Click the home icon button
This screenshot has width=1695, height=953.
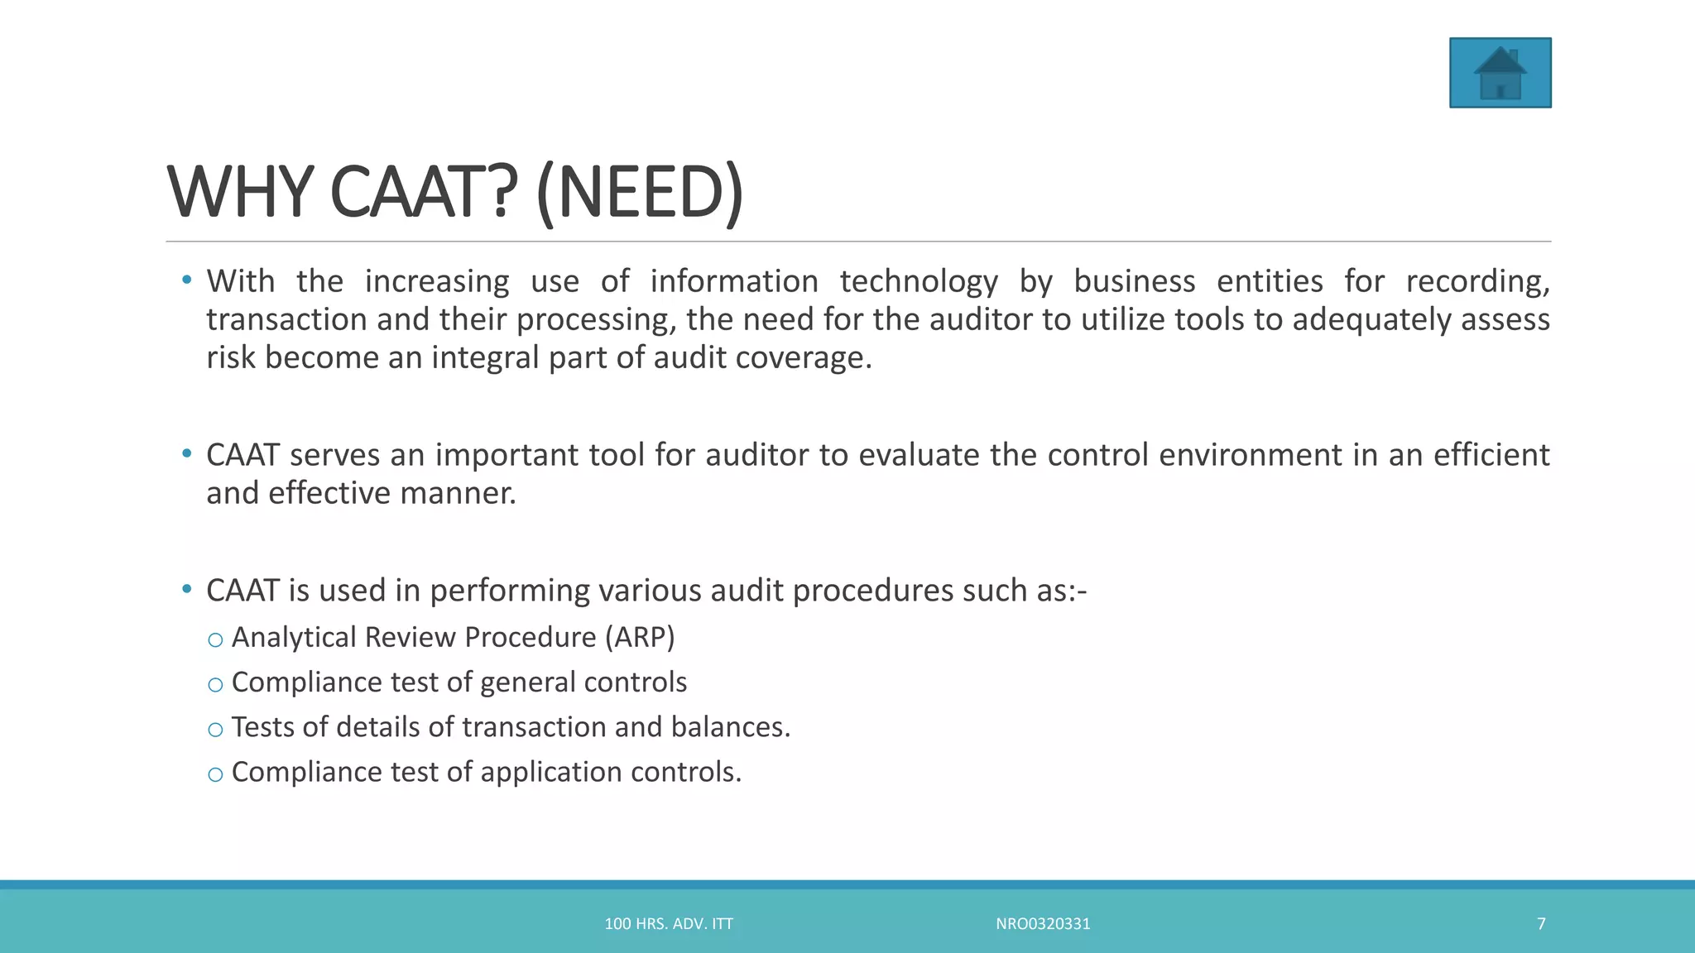pyautogui.click(x=1500, y=73)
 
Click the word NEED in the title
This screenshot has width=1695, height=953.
pyautogui.click(x=640, y=194)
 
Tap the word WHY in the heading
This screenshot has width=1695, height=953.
pyautogui.click(x=240, y=194)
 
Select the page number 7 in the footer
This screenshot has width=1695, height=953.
pyautogui.click(x=1541, y=924)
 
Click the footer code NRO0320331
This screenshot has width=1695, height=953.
pyautogui.click(x=1043, y=924)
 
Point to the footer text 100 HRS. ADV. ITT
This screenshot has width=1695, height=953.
pyautogui.click(x=669, y=924)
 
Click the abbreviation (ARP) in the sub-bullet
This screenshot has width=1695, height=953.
pyautogui.click(x=640, y=638)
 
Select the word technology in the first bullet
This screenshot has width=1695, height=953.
pyautogui.click(x=919, y=282)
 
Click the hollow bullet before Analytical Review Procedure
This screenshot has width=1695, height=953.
pyautogui.click(x=215, y=640)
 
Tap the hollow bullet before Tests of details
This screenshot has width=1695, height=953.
pyautogui.click(x=215, y=730)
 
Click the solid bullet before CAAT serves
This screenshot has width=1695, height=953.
pyautogui.click(x=187, y=453)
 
